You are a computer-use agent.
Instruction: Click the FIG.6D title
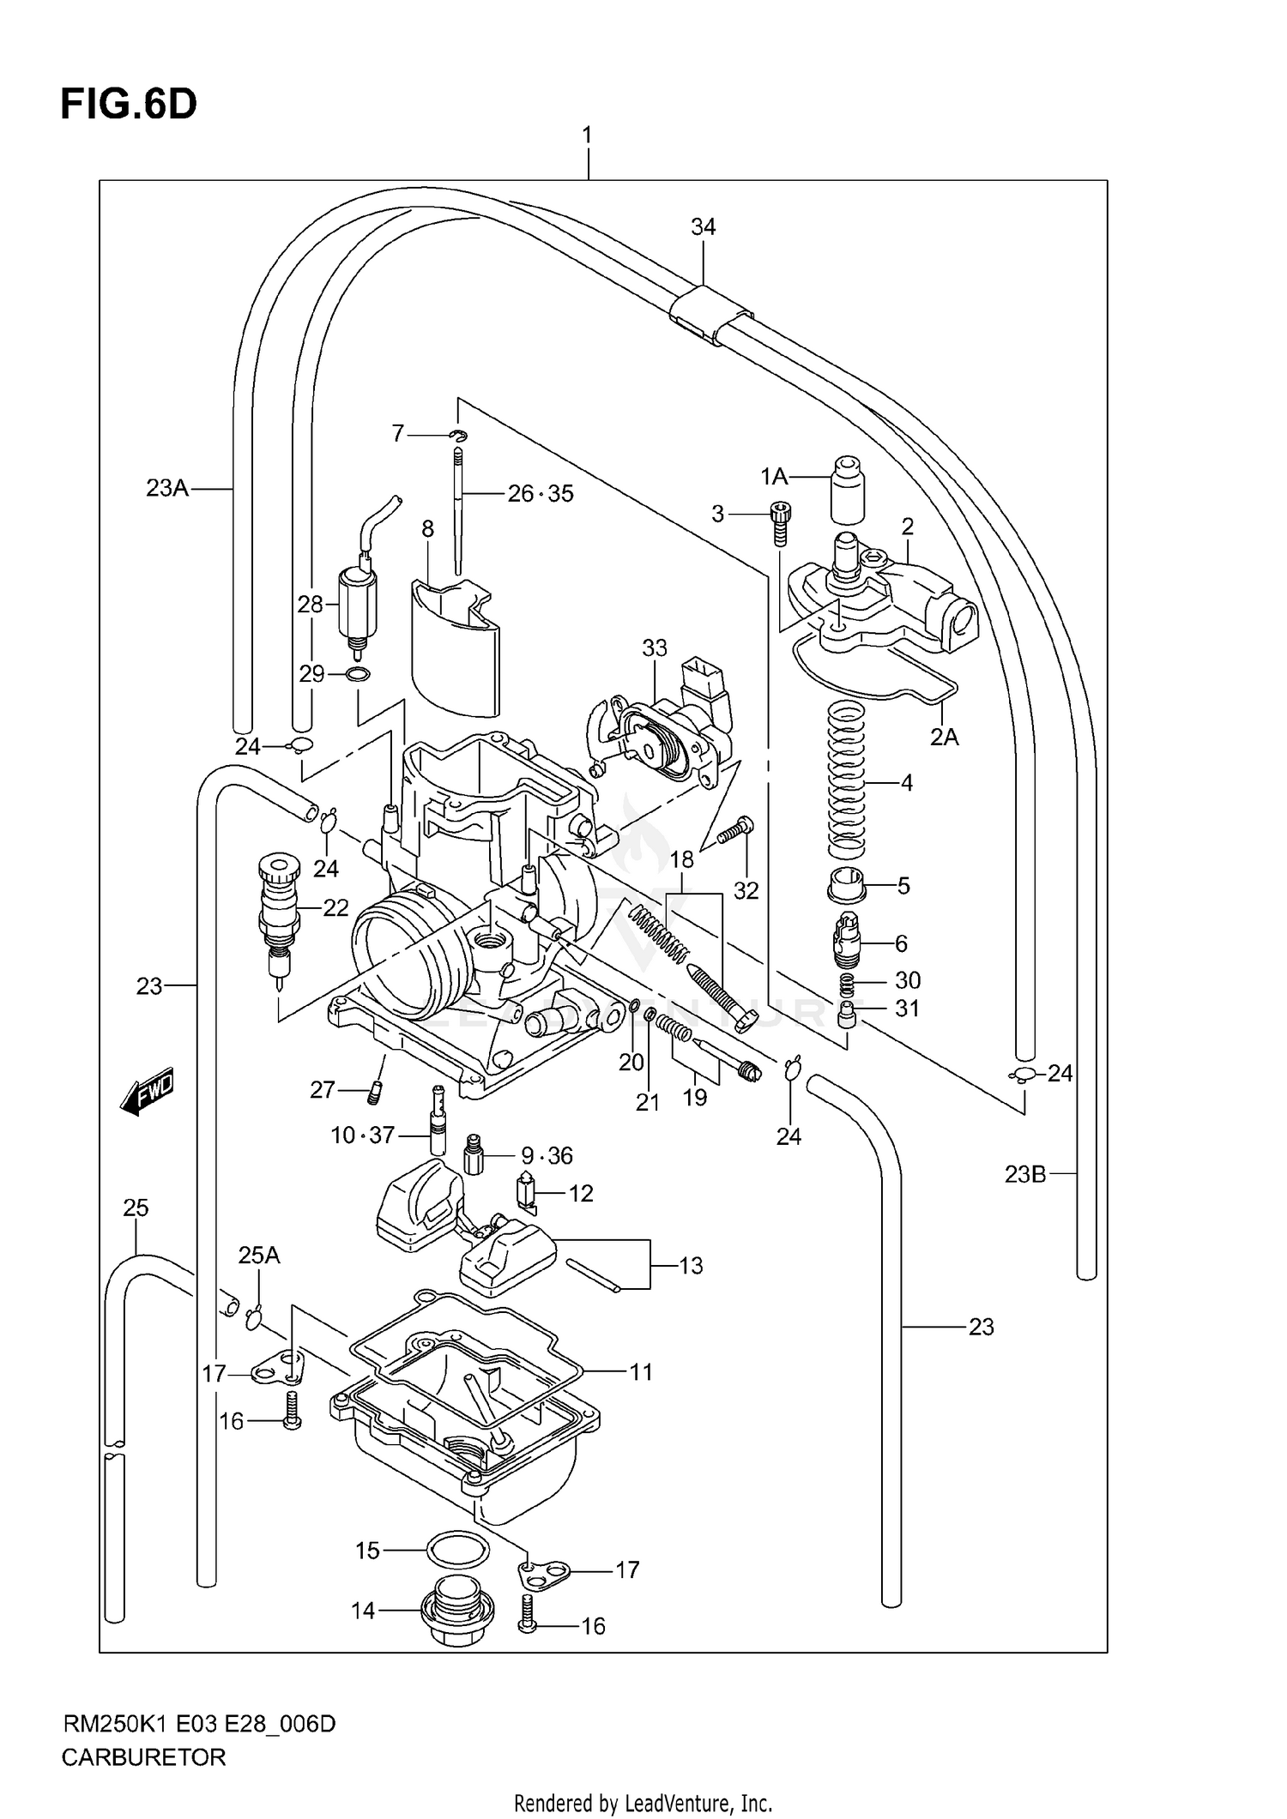tap(128, 105)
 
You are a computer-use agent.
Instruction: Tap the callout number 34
tap(703, 226)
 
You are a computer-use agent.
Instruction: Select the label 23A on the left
tap(166, 488)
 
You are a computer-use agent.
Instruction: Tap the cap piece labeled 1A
tap(847, 490)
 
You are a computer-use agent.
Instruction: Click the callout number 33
tap(654, 648)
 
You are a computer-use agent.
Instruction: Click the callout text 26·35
tap(541, 494)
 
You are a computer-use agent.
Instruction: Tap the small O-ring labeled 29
tap(359, 675)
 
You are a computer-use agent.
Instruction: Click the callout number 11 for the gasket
tap(641, 1372)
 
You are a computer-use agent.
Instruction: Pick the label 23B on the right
tap(1025, 1174)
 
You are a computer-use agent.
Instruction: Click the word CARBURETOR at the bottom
tap(143, 1757)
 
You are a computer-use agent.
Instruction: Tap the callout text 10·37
tap(362, 1135)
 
